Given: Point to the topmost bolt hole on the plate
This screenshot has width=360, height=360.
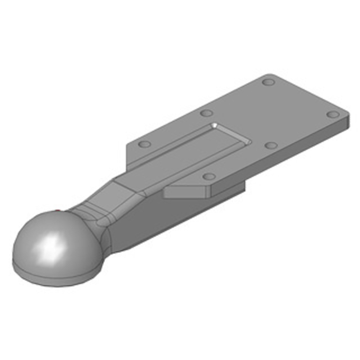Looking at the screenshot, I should point(269,83).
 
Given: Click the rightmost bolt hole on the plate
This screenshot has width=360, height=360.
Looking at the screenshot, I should point(333,114).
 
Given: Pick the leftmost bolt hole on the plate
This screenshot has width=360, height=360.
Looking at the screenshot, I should point(144,144).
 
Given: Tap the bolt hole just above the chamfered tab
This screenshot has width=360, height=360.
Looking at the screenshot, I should point(209,176).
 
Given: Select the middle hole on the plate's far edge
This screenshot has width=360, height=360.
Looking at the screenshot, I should point(207,113).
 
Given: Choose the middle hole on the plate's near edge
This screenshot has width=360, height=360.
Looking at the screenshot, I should point(271,145).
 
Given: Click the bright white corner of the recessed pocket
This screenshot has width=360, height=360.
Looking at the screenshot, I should point(216,124).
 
